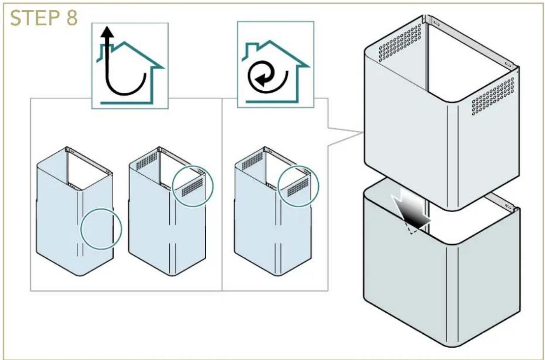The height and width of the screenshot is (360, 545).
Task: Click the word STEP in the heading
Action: (35, 18)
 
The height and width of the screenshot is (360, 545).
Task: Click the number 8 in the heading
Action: (72, 18)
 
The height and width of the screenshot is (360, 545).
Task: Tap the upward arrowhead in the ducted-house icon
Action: (107, 32)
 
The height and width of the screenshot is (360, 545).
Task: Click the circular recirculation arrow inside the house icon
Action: (267, 77)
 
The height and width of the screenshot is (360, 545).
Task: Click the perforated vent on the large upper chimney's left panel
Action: (400, 43)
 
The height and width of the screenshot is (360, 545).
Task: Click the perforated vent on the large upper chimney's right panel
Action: (493, 96)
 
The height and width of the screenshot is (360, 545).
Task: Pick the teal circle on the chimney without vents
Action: (101, 228)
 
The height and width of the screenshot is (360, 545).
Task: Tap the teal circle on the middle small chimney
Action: (192, 186)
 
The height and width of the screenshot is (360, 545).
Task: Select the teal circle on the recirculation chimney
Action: (298, 186)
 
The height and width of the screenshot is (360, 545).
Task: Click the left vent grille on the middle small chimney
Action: (147, 161)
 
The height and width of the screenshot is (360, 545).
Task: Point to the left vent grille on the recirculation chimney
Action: (253, 161)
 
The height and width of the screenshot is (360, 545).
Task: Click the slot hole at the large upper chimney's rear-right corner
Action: (508, 64)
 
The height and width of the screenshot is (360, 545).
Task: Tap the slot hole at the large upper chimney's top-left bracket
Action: (436, 24)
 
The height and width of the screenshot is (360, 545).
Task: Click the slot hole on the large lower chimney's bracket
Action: (508, 206)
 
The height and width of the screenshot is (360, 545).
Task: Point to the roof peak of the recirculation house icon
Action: (270, 41)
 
